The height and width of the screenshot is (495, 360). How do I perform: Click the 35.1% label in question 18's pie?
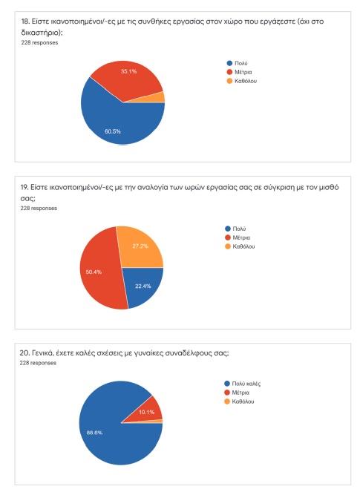(x=128, y=71)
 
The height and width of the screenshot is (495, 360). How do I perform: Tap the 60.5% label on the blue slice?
(x=113, y=131)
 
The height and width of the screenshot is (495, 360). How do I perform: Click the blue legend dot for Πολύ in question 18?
(x=229, y=63)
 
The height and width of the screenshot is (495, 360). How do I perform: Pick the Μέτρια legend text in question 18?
(x=243, y=72)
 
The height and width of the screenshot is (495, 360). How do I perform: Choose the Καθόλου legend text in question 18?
(x=246, y=81)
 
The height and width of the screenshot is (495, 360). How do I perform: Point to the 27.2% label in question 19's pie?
(x=140, y=246)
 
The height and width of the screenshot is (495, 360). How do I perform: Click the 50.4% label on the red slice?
(x=94, y=272)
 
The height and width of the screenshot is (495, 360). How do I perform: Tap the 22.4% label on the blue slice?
(x=143, y=286)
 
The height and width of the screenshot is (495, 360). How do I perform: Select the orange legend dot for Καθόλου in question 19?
(x=228, y=246)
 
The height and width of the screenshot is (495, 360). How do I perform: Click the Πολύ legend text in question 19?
(x=239, y=229)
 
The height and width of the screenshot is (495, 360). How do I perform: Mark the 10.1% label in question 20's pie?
(x=147, y=412)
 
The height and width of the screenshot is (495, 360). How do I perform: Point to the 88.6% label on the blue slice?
(x=94, y=433)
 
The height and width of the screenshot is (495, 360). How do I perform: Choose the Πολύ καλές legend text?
(x=246, y=384)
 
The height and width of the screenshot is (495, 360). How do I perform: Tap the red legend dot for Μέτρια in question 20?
(x=226, y=393)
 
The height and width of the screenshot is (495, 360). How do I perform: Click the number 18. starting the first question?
(x=25, y=22)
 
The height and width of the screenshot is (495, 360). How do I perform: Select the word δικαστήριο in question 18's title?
(x=40, y=33)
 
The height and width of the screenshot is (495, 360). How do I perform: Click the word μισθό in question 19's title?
(x=329, y=187)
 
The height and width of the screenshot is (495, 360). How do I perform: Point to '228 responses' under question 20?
(x=38, y=363)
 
